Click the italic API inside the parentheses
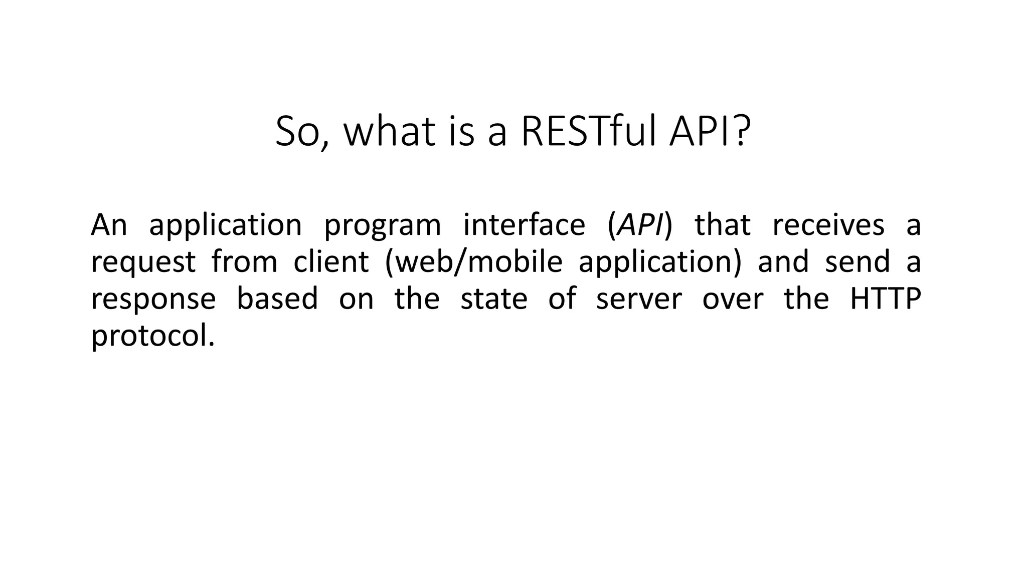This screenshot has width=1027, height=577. (x=640, y=225)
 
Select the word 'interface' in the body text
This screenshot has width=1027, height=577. (x=524, y=225)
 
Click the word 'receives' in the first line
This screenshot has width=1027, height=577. (x=828, y=225)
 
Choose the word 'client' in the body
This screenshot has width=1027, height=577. (x=331, y=261)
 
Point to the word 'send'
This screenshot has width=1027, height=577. (x=857, y=261)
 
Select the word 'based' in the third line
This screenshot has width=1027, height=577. (x=277, y=299)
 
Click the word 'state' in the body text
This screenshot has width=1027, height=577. (x=494, y=299)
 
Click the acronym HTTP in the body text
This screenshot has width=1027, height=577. (x=886, y=299)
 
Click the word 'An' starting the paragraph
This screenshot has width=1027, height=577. (x=109, y=225)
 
